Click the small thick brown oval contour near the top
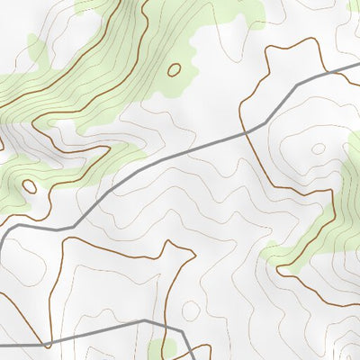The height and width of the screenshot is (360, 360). pyautogui.click(x=174, y=68)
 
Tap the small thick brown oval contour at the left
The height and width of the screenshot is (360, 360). pyautogui.click(x=29, y=187)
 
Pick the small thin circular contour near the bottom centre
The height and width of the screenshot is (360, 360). pyautogui.click(x=191, y=310)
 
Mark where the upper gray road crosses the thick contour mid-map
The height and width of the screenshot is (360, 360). pyautogui.click(x=246, y=132)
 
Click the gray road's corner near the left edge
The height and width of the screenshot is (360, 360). pyautogui.click(x=7, y=231)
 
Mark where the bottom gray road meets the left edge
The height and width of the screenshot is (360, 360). pyautogui.click(x=1, y=344)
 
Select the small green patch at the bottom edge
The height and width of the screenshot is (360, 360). pyautogui.click(x=163, y=348)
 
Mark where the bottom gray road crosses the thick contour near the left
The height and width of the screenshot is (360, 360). pyautogui.click(x=52, y=340)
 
